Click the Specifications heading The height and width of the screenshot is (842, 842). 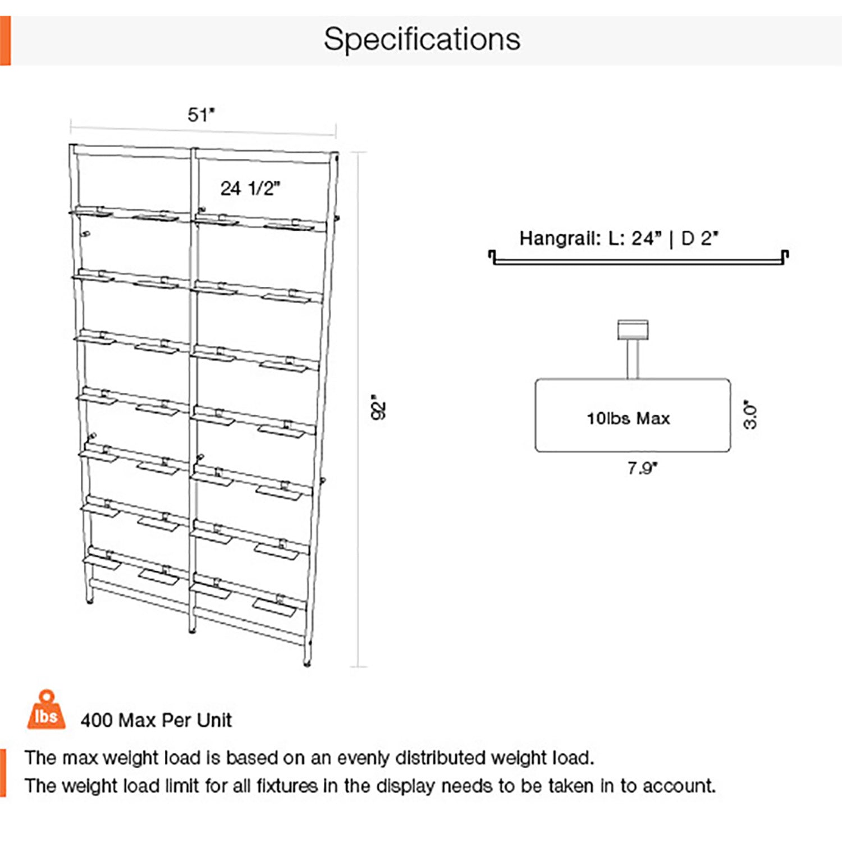pos(422,39)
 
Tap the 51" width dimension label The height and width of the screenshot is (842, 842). pos(201,115)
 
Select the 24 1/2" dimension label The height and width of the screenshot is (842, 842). pos(250,189)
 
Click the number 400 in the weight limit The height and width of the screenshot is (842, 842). pos(96,720)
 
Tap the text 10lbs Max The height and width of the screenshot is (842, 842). pos(628,418)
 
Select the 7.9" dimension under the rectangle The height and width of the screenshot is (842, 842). pos(642,468)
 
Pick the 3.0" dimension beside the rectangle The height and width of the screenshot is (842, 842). pos(750,414)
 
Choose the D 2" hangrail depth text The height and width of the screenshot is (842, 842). pos(699,239)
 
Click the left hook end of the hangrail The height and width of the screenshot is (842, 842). pos(492,257)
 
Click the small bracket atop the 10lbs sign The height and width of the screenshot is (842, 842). pos(633,330)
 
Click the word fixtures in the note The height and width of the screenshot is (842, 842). pos(287,786)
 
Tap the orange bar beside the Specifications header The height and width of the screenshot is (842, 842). pos(5,40)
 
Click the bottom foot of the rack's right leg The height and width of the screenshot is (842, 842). pos(307,663)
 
